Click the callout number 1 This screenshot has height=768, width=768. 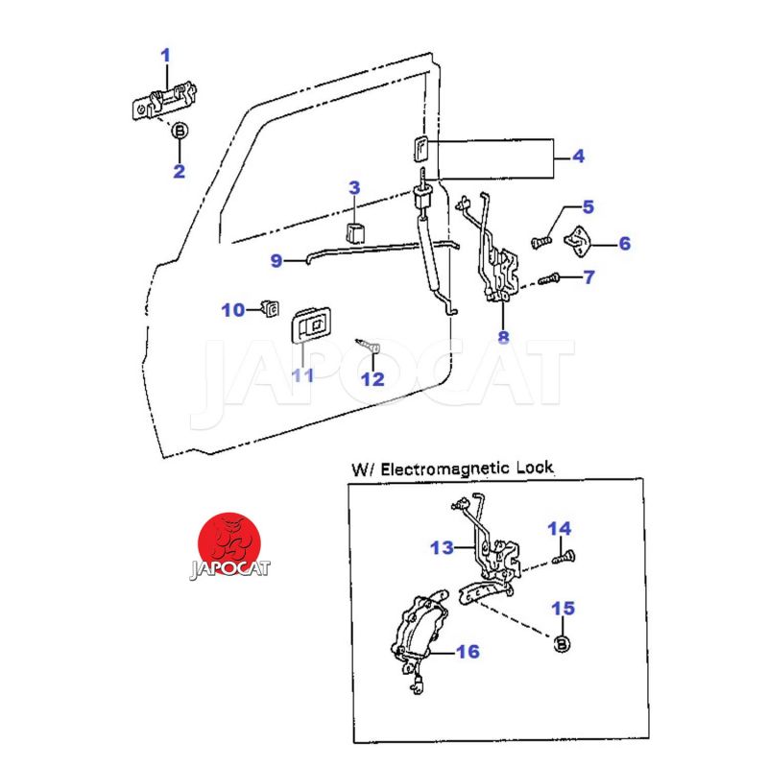pos(165,56)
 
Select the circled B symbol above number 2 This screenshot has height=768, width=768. pos(180,132)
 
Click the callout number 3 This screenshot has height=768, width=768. pos(354,187)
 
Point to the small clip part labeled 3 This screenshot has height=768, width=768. pos(356,231)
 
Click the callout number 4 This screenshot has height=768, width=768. pos(578,156)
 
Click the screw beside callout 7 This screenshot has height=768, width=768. pos(548,279)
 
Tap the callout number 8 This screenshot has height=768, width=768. pos(503,337)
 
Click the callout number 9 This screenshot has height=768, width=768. pos(276,260)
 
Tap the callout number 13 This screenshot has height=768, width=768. pos(441,548)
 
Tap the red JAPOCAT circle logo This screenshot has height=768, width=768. pos(229,540)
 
